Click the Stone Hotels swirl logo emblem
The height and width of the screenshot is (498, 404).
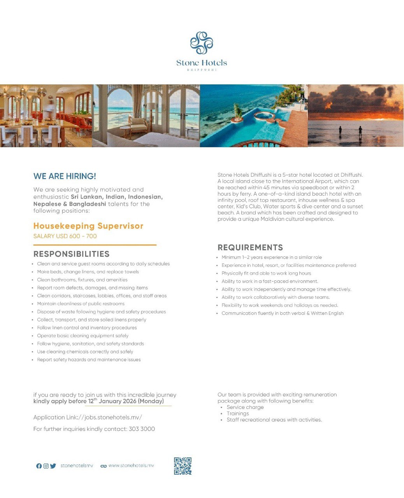coord(202,43)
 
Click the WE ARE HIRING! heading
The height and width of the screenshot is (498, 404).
coord(65,176)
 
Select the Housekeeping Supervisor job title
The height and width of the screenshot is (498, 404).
coord(88,226)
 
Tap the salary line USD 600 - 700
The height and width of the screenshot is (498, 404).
coord(65,236)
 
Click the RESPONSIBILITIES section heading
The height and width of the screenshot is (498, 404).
coord(72,254)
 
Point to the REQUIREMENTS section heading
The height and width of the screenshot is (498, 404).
coord(250,247)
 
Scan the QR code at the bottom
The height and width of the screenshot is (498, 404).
coord(183,466)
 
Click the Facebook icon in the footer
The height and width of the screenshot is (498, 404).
coord(39,466)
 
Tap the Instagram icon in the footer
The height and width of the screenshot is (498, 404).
coord(46,466)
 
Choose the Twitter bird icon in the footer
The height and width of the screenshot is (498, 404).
coord(53,466)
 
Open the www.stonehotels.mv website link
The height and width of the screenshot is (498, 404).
coord(131,466)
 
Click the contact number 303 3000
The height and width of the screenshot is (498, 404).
coord(142,429)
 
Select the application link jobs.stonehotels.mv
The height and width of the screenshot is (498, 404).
coord(113,417)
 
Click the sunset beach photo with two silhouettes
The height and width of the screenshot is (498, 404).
coord(355,116)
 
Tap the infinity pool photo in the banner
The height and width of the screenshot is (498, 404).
coord(254,116)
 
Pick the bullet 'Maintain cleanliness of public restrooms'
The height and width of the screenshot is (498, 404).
coord(81,304)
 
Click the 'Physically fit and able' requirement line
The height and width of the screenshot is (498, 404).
coord(266,274)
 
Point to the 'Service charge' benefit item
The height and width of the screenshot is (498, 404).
coord(245,407)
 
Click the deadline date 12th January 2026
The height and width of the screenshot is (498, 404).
coord(126,401)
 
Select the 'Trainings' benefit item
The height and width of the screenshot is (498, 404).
coord(238,414)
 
